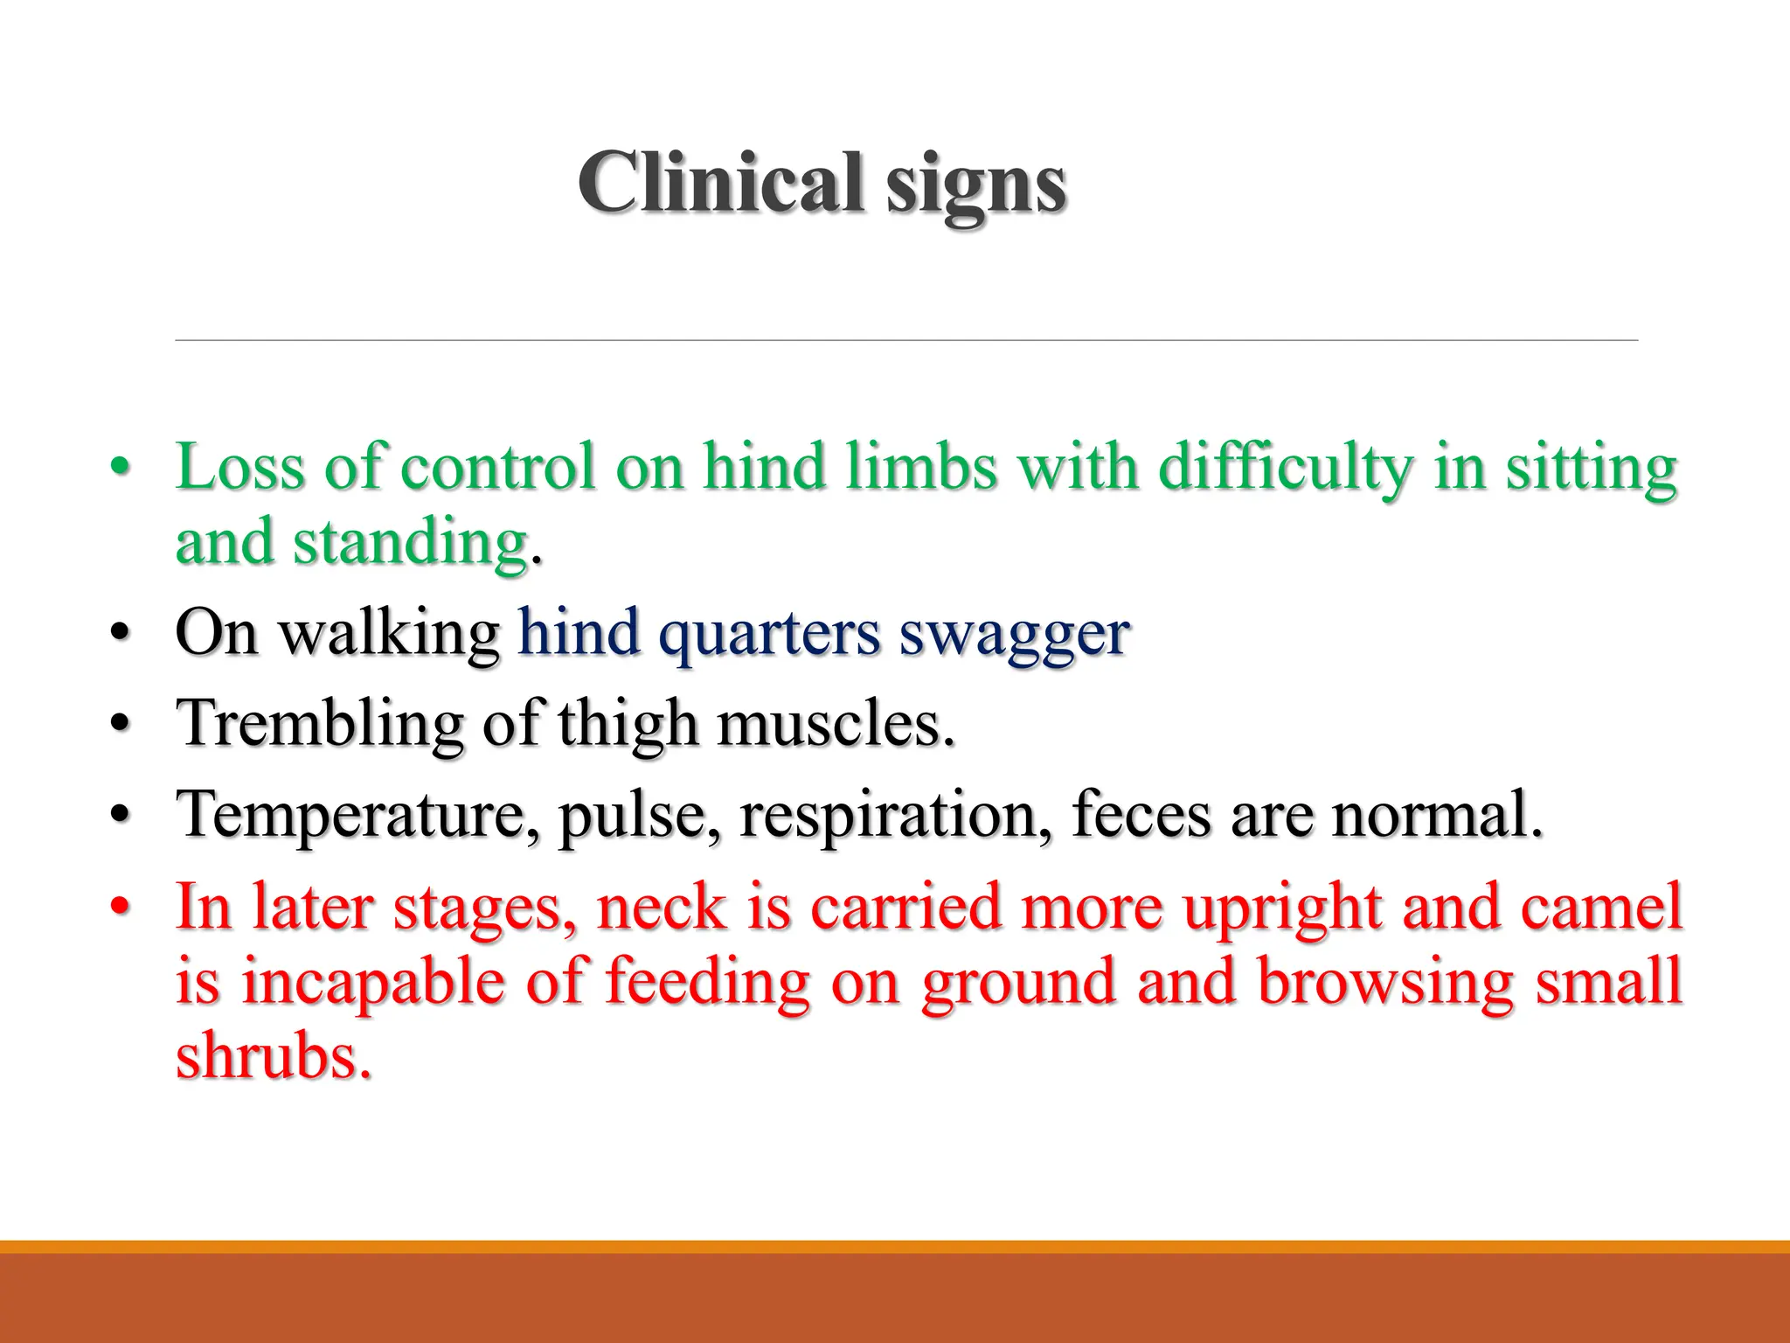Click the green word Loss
(239, 467)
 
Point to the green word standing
(410, 544)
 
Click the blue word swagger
(1015, 635)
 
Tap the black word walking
(389, 635)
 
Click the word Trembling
(319, 726)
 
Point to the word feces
(1141, 815)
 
